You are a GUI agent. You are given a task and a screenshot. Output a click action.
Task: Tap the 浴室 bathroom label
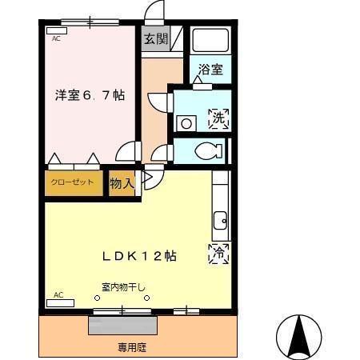point(211,70)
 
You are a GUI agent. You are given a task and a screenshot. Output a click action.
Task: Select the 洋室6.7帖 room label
point(90,94)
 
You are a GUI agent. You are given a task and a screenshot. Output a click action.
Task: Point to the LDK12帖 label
point(138,256)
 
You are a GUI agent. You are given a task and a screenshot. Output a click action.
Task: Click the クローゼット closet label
point(73,182)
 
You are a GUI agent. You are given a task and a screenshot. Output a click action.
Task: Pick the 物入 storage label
point(121,184)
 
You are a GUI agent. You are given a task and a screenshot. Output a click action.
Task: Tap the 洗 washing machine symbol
point(218,119)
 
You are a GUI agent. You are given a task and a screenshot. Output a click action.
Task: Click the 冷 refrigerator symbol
point(218,253)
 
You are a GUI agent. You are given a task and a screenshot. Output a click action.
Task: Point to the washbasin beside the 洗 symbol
point(186,123)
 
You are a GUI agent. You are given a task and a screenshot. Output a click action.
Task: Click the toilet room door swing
point(163,153)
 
